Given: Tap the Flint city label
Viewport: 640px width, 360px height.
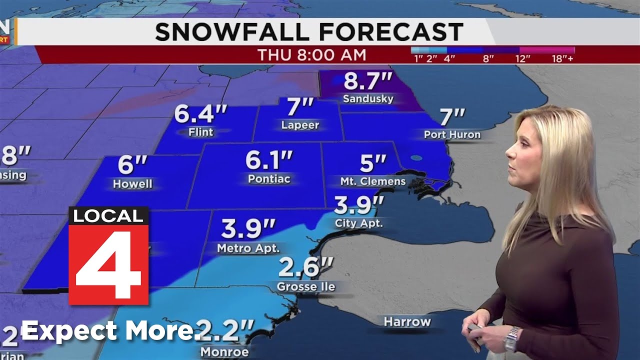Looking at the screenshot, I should click(x=200, y=132).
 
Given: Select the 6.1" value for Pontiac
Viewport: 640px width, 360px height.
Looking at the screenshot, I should click(x=268, y=160).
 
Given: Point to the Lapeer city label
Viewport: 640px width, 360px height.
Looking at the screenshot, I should click(x=300, y=125).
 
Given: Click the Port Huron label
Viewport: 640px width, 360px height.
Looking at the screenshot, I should click(x=452, y=134).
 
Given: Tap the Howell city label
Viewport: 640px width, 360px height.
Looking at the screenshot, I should click(x=132, y=184).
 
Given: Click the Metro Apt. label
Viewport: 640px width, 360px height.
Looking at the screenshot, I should click(x=248, y=247).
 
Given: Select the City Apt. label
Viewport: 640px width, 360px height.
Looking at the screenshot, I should click(x=359, y=223).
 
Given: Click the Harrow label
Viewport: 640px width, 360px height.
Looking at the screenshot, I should click(x=407, y=321).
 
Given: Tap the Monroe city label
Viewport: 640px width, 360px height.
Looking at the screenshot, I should click(x=224, y=351).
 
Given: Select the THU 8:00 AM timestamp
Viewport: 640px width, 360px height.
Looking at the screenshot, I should click(x=311, y=55).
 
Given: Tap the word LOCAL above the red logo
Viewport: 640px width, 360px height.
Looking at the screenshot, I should click(x=108, y=216).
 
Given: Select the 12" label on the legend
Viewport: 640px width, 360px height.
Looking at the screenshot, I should click(x=522, y=58).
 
